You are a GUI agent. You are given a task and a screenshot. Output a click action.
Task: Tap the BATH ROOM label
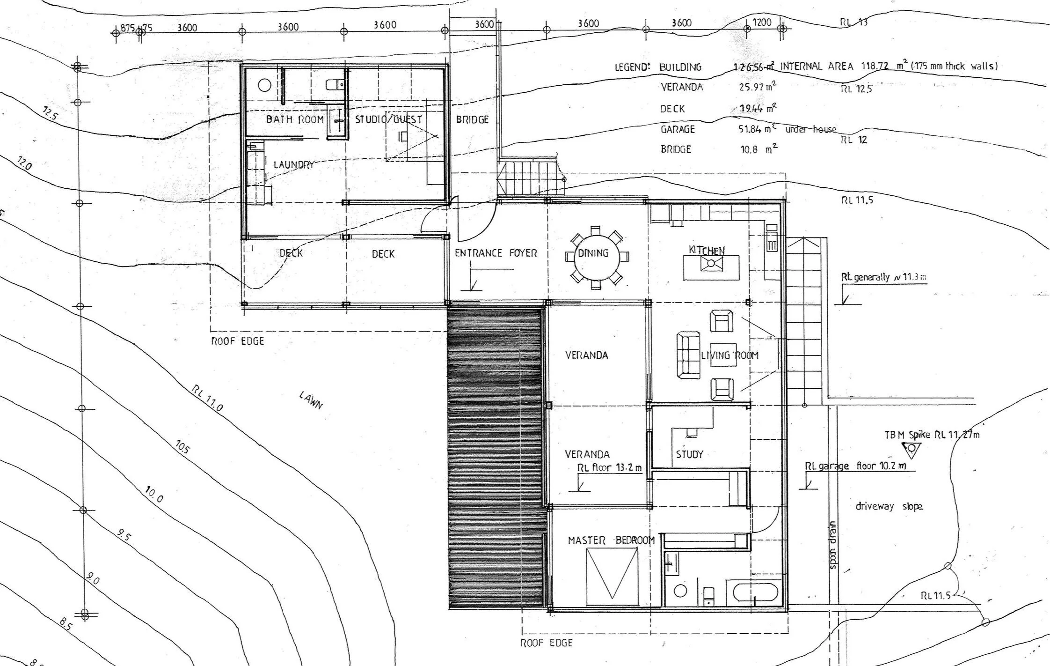(x=295, y=119)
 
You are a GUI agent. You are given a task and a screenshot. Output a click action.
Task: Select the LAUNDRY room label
(x=293, y=165)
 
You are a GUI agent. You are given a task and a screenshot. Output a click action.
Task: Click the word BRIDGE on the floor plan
(x=472, y=120)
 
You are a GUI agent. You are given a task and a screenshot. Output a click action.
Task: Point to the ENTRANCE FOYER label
(x=496, y=253)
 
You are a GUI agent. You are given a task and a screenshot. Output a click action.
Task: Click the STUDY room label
(x=689, y=454)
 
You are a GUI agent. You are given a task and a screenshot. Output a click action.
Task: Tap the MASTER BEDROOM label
(x=611, y=540)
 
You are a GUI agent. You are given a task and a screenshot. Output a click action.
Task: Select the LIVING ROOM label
(x=729, y=355)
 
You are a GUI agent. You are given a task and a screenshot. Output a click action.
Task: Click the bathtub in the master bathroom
(x=756, y=592)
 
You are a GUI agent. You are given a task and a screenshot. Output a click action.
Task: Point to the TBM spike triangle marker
(x=911, y=450)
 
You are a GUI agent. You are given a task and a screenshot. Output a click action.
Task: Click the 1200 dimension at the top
(x=761, y=22)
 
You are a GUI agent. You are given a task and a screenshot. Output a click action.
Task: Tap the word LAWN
(x=311, y=400)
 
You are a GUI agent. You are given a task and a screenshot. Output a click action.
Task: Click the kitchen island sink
(x=711, y=264)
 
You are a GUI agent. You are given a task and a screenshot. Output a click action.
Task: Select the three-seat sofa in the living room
(x=688, y=355)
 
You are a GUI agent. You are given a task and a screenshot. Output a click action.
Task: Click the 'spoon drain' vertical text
(x=832, y=546)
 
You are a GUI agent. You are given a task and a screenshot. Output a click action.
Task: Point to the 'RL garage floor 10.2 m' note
(x=855, y=466)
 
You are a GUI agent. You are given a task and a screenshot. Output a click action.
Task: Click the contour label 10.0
(x=153, y=495)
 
